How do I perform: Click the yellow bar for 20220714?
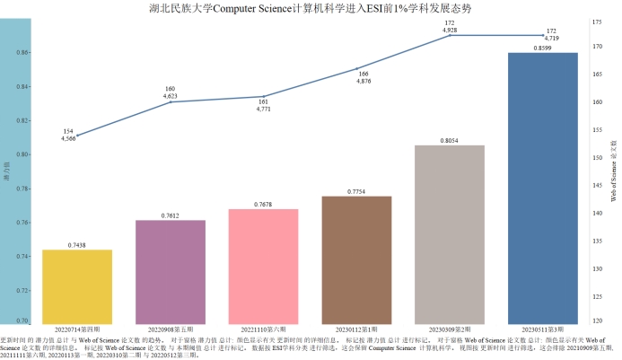77,285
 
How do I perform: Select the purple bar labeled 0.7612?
171,271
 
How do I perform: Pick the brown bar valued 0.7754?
357,259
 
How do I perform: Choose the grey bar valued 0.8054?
450,233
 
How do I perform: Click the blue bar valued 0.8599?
543,188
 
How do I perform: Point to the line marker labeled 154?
77,136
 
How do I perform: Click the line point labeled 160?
171,102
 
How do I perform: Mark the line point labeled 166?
357,68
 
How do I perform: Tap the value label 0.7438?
77,245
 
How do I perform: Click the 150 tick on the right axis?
597,158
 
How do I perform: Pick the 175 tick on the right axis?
597,19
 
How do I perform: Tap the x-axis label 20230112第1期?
357,329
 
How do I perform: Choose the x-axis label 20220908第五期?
171,329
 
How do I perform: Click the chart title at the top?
311,7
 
